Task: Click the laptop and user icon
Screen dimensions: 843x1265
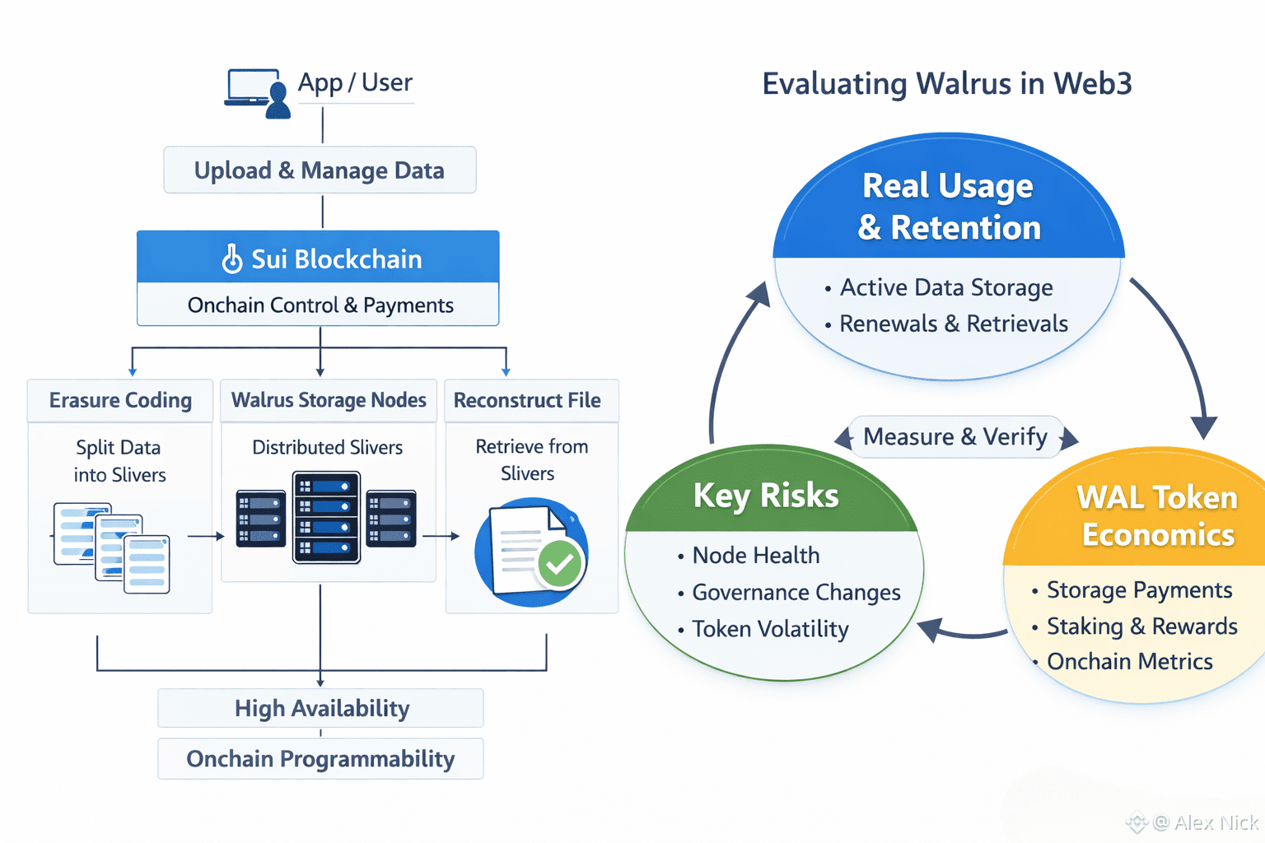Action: point(258,93)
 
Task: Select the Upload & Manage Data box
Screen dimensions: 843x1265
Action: point(320,170)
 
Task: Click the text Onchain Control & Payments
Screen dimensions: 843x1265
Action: point(320,305)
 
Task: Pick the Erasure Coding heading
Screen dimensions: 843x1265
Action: point(120,401)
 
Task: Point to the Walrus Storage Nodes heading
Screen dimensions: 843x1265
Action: point(329,401)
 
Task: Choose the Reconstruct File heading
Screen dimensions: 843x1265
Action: point(527,401)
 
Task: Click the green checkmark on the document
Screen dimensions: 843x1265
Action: point(560,564)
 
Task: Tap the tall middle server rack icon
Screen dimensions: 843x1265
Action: point(327,517)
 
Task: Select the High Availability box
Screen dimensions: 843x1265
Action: point(321,709)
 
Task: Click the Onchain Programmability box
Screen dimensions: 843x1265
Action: point(320,759)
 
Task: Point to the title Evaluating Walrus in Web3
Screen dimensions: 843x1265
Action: point(947,84)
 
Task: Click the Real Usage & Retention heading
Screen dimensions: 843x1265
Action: point(949,207)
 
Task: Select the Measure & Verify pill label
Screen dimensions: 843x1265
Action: point(955,437)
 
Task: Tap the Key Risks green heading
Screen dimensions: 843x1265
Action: point(766,496)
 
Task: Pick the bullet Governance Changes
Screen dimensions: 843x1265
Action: point(796,593)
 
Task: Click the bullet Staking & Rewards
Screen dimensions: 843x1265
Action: point(1141,626)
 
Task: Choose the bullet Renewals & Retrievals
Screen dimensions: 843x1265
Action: point(953,324)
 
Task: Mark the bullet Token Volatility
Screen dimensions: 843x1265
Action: point(770,630)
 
